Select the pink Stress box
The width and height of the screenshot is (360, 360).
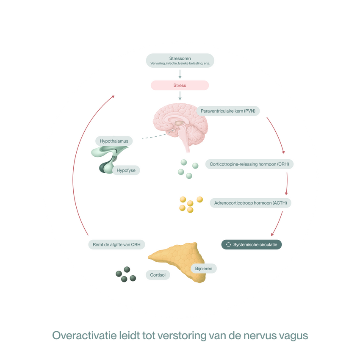(x=180, y=86)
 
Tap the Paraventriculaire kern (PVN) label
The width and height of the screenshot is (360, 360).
(x=228, y=111)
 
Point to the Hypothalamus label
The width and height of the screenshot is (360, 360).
(x=114, y=141)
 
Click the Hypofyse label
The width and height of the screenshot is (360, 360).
(x=126, y=170)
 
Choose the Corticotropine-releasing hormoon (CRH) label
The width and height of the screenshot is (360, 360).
(x=249, y=164)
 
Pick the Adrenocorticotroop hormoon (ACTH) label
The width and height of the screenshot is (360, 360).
(x=250, y=203)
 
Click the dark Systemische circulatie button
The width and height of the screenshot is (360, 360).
(x=252, y=244)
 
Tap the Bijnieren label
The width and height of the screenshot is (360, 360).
(x=204, y=269)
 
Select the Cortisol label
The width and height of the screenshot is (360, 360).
(x=158, y=275)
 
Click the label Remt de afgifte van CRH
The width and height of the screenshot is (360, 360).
(x=116, y=244)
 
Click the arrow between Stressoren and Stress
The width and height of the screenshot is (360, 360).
(x=180, y=74)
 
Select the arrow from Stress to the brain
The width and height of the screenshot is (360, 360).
(x=180, y=96)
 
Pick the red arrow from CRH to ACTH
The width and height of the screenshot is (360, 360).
(x=287, y=184)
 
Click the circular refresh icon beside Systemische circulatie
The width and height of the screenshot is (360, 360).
(x=228, y=244)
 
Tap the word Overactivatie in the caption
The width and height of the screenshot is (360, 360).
(x=84, y=335)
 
